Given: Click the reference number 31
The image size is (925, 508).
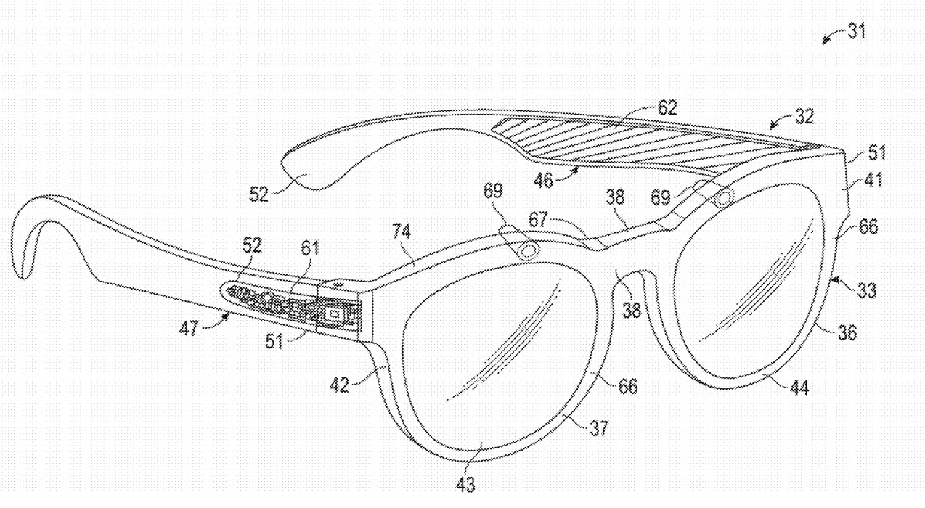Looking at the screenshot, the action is coord(857,31).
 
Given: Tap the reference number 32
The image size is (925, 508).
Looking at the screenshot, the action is coord(804,116).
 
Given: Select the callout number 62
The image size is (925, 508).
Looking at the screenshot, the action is coord(667,108).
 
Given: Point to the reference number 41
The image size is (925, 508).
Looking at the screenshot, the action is coord(872,180).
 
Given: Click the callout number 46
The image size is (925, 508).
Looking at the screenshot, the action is coord(543,180).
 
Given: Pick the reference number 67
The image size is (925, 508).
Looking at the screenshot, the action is coord(539,220).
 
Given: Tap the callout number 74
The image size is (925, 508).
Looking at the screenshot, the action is coord(402,231).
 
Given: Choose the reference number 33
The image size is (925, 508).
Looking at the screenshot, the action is coord(866,290).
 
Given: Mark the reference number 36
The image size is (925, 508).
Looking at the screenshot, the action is coord(847,332).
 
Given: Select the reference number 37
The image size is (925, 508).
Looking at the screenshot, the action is coord(599,428).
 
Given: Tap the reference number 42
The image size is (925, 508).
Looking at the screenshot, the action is coord(340,385).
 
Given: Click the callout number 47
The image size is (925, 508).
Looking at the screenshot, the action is coord(189,329).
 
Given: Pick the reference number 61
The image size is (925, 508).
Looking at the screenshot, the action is coord(310,249).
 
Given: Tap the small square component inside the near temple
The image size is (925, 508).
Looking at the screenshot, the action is coord(335,314).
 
